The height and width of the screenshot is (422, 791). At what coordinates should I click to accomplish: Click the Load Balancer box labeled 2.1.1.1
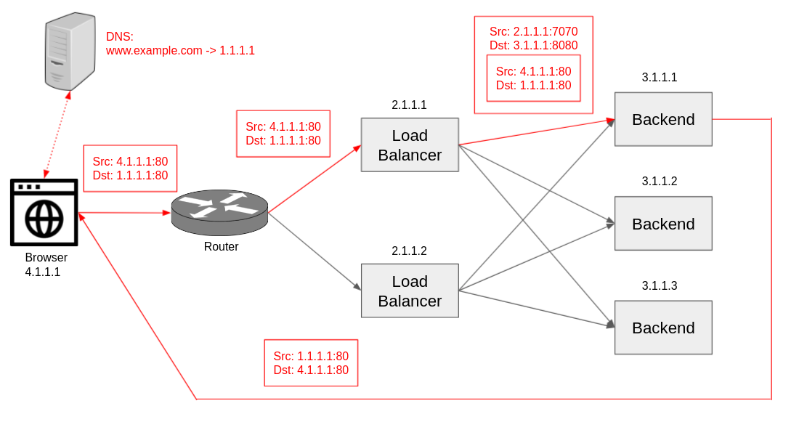[x=410, y=145]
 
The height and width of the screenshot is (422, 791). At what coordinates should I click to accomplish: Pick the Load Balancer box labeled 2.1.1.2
[x=410, y=291]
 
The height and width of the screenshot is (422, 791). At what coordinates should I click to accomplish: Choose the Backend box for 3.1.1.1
[x=663, y=119]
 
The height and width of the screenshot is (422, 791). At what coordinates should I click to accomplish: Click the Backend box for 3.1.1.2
[x=663, y=224]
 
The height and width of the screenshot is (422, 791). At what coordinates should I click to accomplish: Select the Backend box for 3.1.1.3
[x=663, y=328]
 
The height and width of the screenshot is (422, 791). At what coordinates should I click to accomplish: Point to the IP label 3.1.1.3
[x=659, y=286]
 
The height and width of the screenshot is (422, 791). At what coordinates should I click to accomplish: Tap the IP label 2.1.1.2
[x=409, y=251]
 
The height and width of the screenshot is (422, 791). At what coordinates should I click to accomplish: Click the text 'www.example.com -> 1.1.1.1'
[x=180, y=51]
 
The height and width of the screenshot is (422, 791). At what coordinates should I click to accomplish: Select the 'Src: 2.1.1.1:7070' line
[x=533, y=32]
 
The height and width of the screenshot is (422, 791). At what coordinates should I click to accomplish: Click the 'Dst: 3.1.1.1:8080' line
[x=533, y=46]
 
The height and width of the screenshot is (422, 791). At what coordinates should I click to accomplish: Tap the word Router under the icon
[x=221, y=247]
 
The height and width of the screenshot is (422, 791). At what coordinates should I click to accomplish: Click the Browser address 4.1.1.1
[x=43, y=272]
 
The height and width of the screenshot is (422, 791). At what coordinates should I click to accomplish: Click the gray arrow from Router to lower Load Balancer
[x=314, y=251]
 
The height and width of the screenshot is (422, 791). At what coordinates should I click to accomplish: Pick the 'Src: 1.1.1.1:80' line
[x=311, y=356]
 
